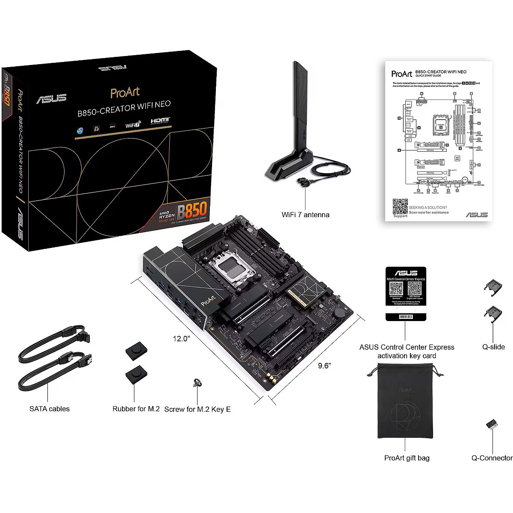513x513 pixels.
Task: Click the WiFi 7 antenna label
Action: click(x=305, y=215)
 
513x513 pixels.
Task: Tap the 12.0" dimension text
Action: click(x=181, y=339)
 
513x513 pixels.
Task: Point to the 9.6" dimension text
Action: click(x=324, y=366)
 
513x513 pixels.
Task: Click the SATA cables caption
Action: click(x=49, y=409)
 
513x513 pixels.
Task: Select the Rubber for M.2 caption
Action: click(x=136, y=409)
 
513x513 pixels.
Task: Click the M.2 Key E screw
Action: click(x=197, y=383)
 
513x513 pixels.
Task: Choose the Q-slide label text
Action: click(x=493, y=347)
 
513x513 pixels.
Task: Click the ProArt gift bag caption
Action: click(x=407, y=458)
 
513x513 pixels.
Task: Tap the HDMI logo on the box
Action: click(x=161, y=121)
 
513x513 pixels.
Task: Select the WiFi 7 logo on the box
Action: click(x=133, y=124)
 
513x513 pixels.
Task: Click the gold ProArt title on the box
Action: click(x=125, y=92)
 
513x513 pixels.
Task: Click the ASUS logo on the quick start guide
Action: click(x=476, y=215)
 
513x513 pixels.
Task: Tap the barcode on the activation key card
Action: click(x=406, y=317)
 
